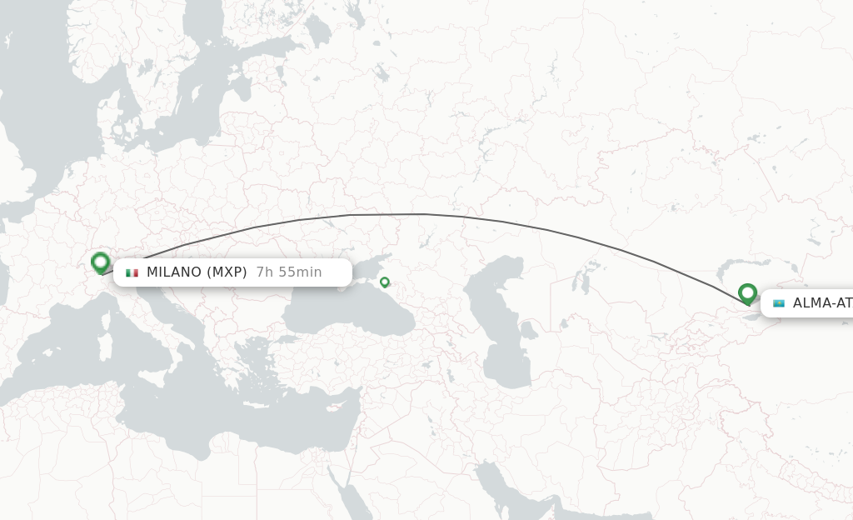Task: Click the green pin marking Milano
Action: pos(101,262)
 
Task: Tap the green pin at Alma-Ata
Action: pos(747,293)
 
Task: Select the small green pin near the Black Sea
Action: pos(384,282)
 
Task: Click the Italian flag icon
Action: pos(132,272)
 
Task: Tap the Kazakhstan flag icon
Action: pos(779,303)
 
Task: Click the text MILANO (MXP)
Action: pos(197,272)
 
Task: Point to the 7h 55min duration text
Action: pos(288,272)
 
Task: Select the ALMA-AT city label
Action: pos(822,303)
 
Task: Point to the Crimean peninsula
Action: pos(354,279)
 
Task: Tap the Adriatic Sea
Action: pos(158,304)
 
